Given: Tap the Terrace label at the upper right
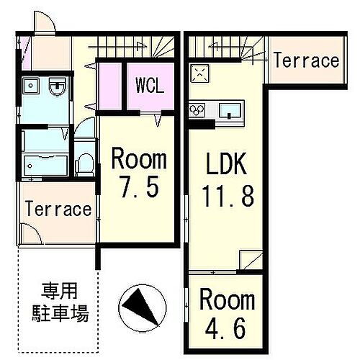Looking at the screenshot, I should click(305, 60).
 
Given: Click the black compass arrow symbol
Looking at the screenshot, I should click(141, 305).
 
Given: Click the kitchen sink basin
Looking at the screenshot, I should click(229, 110).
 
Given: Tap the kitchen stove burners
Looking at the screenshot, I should click(198, 110).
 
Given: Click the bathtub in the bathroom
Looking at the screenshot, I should click(43, 165).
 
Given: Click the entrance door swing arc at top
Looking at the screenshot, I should click(44, 23).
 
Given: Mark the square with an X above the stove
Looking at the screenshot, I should click(199, 73).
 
